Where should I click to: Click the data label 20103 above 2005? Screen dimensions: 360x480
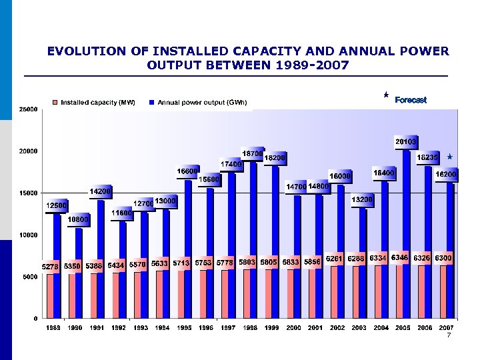[x=405, y=142]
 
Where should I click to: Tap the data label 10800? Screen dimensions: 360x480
[x=79, y=219]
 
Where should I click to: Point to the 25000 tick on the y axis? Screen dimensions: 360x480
[x=28, y=109]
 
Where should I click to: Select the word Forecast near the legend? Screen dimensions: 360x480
[x=411, y=100]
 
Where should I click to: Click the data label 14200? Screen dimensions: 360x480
[x=101, y=191]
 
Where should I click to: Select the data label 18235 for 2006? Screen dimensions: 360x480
[x=427, y=157]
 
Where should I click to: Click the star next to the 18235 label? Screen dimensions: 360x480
[x=450, y=157]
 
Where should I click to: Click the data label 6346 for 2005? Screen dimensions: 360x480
[x=401, y=257]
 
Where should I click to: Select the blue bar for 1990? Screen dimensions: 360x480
[x=79, y=273]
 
